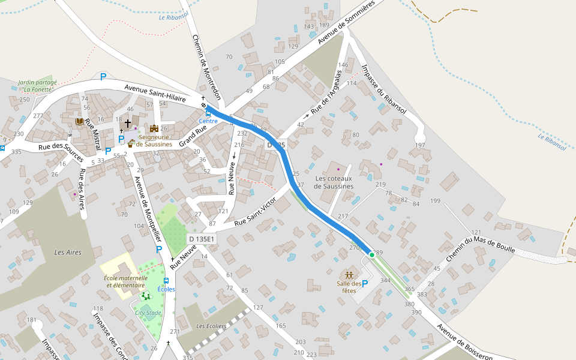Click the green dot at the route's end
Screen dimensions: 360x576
click(x=372, y=255)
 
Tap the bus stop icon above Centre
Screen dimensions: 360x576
click(x=208, y=113)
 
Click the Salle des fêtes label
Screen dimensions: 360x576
click(x=349, y=287)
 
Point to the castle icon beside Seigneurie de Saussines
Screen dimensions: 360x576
click(x=154, y=128)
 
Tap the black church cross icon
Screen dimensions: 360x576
click(x=127, y=122)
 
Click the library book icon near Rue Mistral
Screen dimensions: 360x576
click(x=79, y=121)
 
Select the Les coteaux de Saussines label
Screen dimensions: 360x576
click(x=333, y=182)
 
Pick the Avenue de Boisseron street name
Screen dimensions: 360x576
click(x=464, y=343)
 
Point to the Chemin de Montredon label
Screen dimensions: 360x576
click(x=206, y=67)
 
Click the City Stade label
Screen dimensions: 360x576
click(x=148, y=313)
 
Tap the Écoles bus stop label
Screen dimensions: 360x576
click(x=166, y=289)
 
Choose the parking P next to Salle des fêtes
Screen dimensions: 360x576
click(x=364, y=284)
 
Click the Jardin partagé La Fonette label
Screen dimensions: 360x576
click(x=37, y=86)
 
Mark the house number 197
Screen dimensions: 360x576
click(x=419, y=146)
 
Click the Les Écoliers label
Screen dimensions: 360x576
click(x=211, y=326)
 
